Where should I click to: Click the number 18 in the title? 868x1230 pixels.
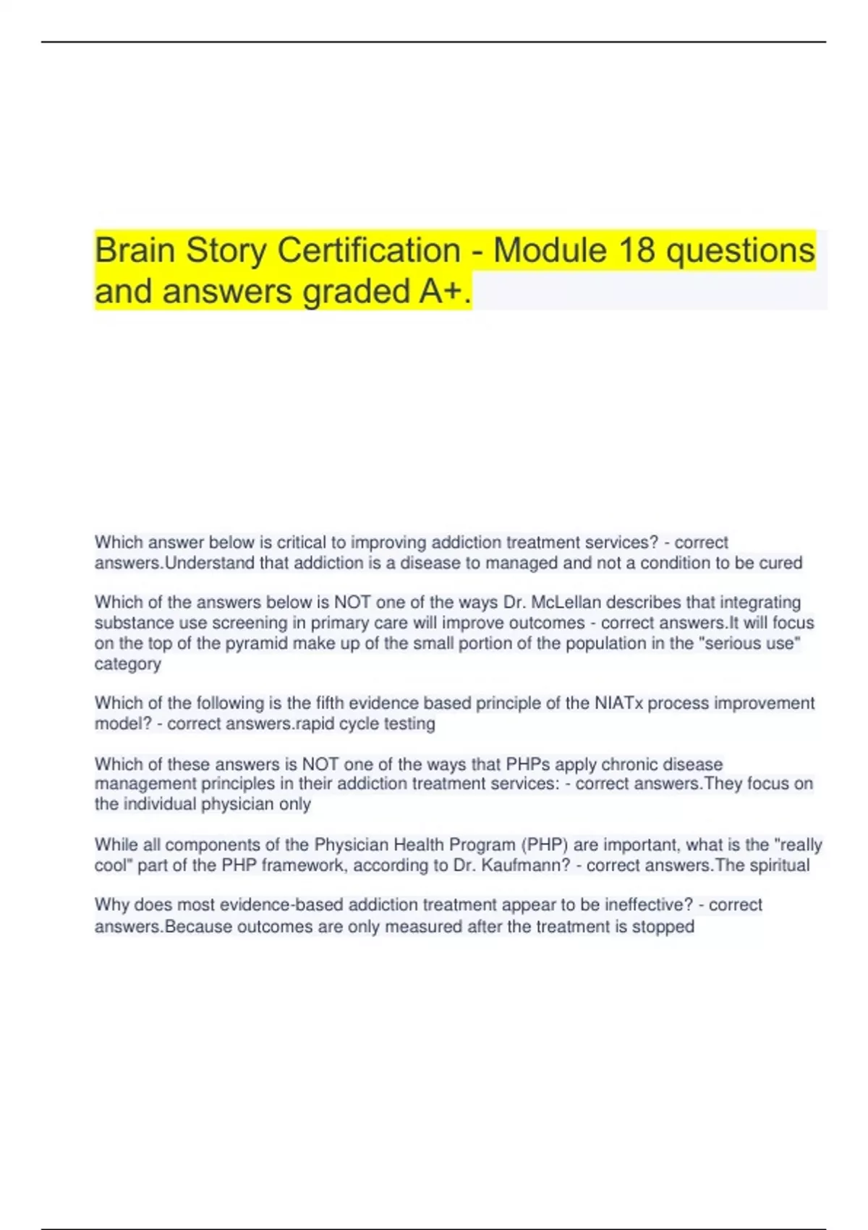point(637,250)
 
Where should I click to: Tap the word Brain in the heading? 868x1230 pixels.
point(135,250)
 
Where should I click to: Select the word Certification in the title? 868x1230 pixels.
point(369,250)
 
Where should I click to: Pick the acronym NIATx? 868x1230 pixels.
point(618,703)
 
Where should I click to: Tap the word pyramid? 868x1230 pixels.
point(252,643)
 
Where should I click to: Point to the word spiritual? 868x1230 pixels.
point(778,865)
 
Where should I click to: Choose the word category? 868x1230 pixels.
point(127,663)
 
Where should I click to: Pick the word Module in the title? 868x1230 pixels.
point(550,250)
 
